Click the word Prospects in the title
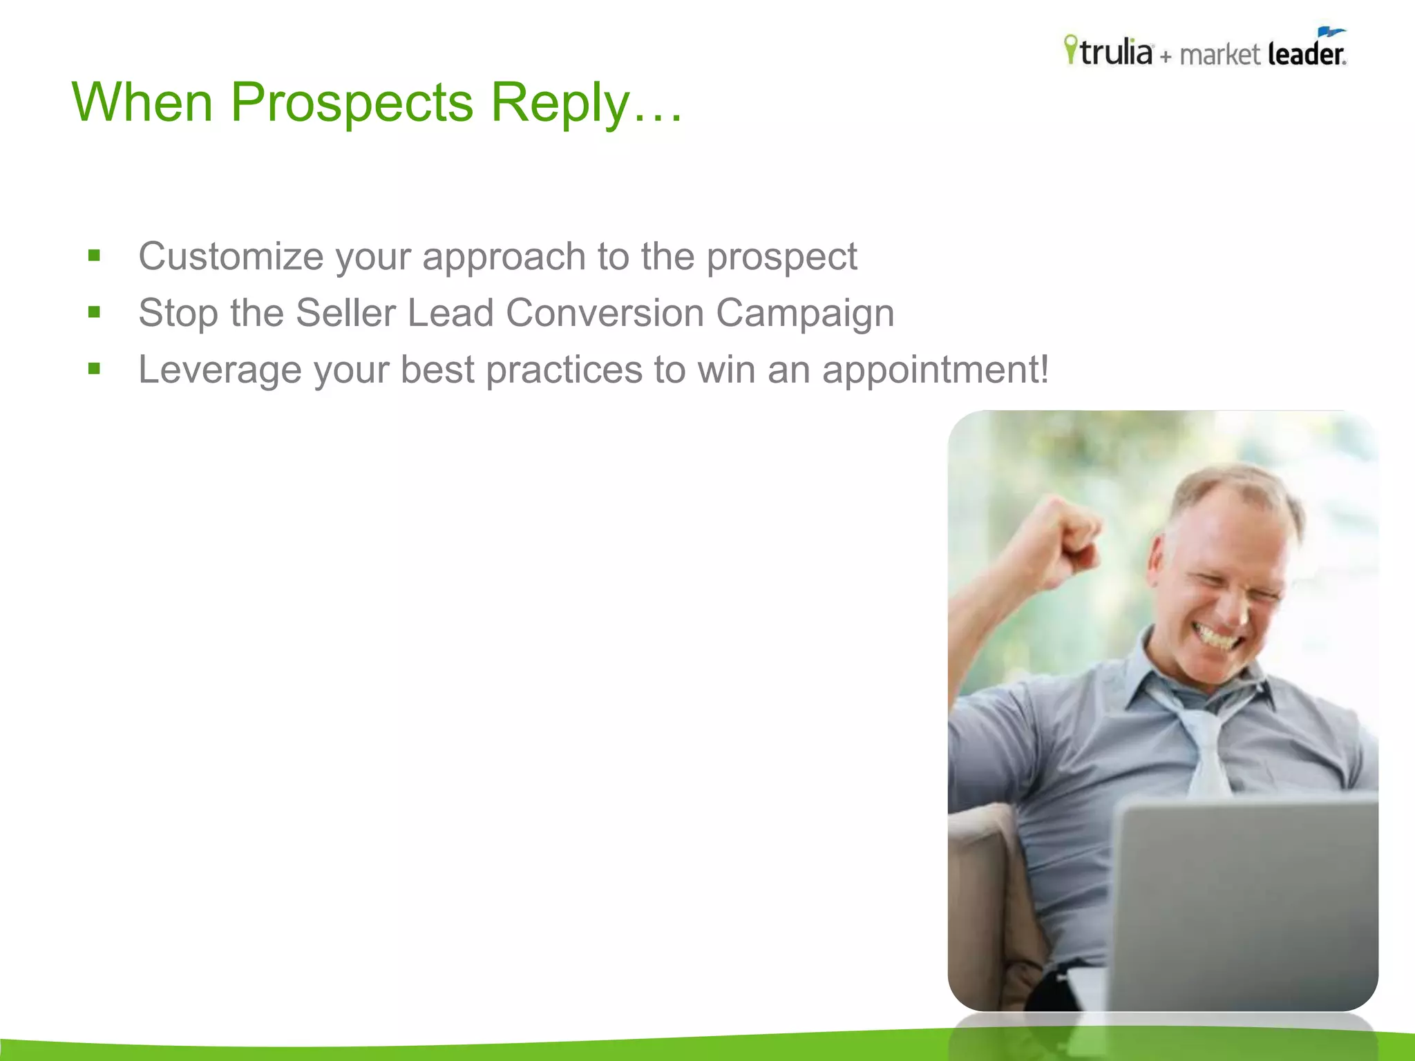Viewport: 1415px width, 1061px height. click(351, 103)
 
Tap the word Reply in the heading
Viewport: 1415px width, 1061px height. click(560, 103)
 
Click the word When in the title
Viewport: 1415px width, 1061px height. click(142, 102)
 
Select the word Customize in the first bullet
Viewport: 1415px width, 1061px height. click(231, 256)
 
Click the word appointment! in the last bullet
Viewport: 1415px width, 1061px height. click(936, 370)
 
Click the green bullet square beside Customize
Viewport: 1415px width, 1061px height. click(95, 256)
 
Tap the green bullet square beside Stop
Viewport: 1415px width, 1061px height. click(95, 312)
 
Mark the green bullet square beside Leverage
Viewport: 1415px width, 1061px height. click(95, 369)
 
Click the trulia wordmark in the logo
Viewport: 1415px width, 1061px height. click(1117, 52)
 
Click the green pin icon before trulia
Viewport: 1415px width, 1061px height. click(1070, 49)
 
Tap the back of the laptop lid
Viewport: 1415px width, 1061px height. click(1244, 905)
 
